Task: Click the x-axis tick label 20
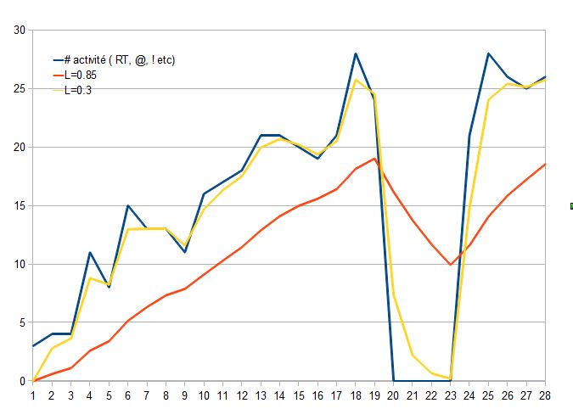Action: pyautogui.click(x=393, y=395)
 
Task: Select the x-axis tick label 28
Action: pyautogui.click(x=545, y=395)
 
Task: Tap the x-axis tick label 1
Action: pyautogui.click(x=33, y=395)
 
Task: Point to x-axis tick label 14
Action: pyautogui.click(x=279, y=395)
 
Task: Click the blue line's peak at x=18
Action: pyautogui.click(x=356, y=53)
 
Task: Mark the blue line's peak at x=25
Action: pyautogui.click(x=488, y=53)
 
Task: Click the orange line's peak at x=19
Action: pyautogui.click(x=374, y=159)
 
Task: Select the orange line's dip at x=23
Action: pyautogui.click(x=451, y=265)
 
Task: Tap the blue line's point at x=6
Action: pyautogui.click(x=127, y=205)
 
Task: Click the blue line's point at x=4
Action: pyautogui.click(x=90, y=252)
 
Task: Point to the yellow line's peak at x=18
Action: pyautogui.click(x=356, y=80)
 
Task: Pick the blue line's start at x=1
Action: pyautogui.click(x=33, y=346)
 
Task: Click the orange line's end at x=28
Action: pyautogui.click(x=545, y=164)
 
